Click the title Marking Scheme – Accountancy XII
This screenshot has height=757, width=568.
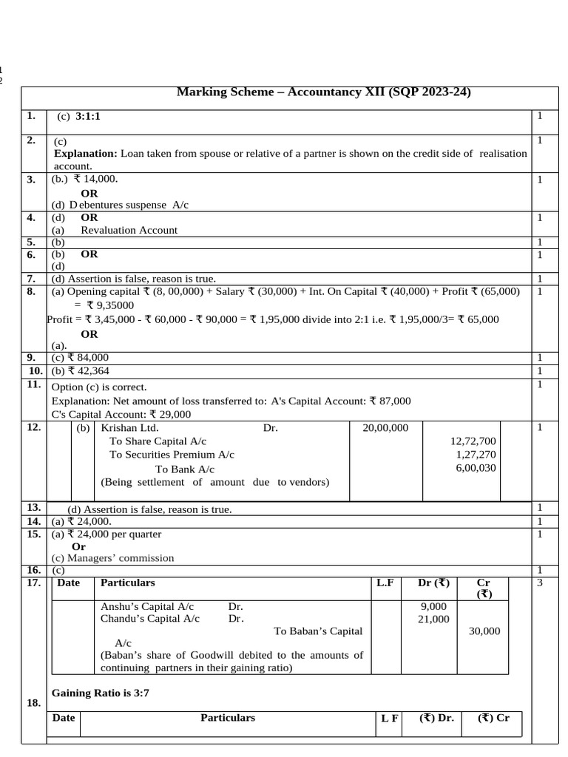point(323,92)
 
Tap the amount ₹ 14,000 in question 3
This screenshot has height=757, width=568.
point(95,179)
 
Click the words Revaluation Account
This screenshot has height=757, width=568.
point(129,230)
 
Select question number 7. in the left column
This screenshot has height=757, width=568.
point(32,279)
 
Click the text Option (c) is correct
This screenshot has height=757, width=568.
point(99,387)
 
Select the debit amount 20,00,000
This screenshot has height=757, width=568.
point(385,427)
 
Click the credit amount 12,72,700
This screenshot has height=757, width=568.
point(473,441)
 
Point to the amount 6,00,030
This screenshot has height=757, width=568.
point(476,467)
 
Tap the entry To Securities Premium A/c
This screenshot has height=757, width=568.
point(172,455)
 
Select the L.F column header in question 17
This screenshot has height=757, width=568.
point(385,583)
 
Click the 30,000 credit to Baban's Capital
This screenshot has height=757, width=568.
point(484,631)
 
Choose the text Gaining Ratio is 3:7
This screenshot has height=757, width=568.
point(101,693)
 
